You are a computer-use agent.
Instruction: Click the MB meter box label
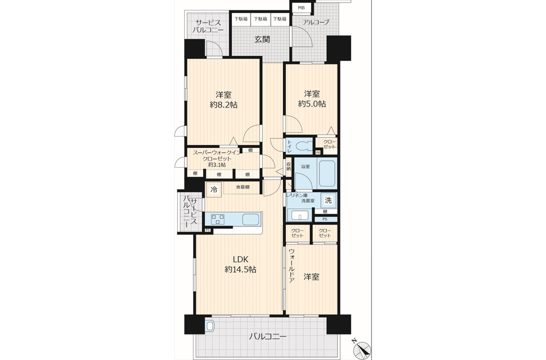301,8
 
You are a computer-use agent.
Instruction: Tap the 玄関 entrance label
262,39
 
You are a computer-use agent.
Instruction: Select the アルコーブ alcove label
316,22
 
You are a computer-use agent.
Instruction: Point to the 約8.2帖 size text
224,105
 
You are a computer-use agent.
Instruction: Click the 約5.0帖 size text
312,104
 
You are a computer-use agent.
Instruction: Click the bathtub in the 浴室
327,173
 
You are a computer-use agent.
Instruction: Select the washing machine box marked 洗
328,200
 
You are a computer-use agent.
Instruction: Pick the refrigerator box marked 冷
214,189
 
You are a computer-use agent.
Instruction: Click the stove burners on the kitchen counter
218,219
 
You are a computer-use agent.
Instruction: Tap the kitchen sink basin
250,219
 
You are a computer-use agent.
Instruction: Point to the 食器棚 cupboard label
243,187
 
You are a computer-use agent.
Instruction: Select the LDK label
241,259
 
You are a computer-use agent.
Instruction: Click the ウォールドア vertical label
291,269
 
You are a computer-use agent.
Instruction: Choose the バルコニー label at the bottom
267,337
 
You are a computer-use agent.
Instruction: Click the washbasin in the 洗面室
300,215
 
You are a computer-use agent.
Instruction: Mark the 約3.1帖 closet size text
217,165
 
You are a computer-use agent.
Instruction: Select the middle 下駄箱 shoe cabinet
261,18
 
